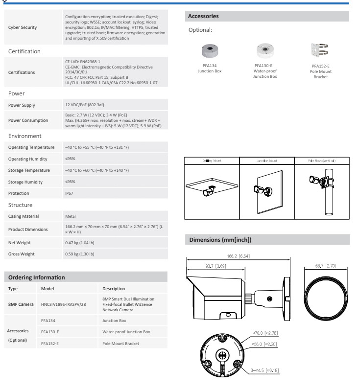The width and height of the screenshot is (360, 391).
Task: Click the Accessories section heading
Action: pyautogui.click(x=204, y=16)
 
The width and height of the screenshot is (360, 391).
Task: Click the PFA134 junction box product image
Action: pyautogui.click(x=210, y=50)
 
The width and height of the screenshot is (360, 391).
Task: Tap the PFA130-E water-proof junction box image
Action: pyautogui.click(x=264, y=51)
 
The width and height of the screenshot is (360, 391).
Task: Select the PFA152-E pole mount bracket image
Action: pyautogui.click(x=320, y=51)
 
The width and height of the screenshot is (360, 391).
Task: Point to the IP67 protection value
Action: pyautogui.click(x=70, y=193)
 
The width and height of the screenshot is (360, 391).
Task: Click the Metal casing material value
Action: pyautogui.click(x=71, y=216)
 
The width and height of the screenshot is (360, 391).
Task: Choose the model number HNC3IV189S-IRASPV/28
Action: pyautogui.click(x=63, y=304)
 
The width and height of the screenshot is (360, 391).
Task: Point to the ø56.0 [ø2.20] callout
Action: pyautogui.click(x=265, y=345)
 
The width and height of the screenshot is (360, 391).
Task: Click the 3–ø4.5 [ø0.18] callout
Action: pyautogui.click(x=264, y=370)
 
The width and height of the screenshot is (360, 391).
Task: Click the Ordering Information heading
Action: pyautogui.click(x=36, y=277)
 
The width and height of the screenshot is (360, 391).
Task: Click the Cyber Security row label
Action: pyautogui.click(x=23, y=27)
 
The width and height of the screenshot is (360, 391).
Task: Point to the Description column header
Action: pyautogui.click(x=114, y=289)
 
